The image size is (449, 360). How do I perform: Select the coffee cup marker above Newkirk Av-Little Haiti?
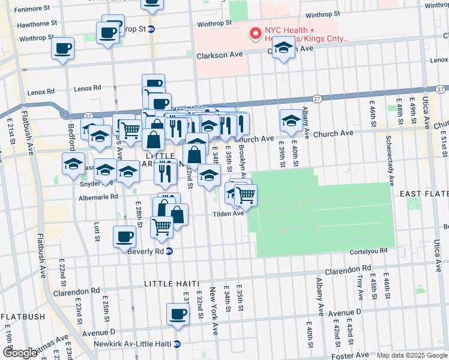pyautogui.click(x=178, y=314)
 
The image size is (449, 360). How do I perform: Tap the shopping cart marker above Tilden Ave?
pyautogui.click(x=245, y=194)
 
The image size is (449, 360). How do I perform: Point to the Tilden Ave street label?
pyautogui.click(x=227, y=213)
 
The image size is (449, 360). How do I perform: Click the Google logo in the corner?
pyautogui.click(x=20, y=353)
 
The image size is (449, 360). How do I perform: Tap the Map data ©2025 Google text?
pyautogui.click(x=412, y=355)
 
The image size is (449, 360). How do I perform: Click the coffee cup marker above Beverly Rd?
pyautogui.click(x=124, y=236)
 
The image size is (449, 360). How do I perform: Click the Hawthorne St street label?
pyautogui.click(x=37, y=24)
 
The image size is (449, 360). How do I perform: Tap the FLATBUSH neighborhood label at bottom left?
pyautogui.click(x=22, y=316)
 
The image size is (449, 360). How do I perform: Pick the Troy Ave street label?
pyautogui.click(x=360, y=287)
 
